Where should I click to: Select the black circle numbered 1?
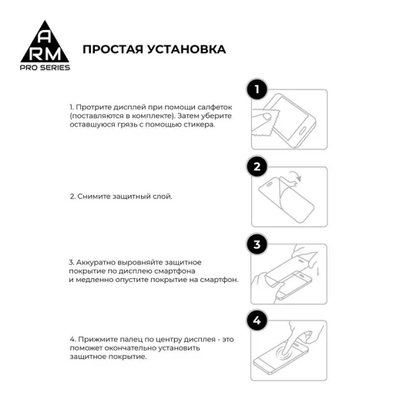[x=257, y=90]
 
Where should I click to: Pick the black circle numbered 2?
[x=257, y=167]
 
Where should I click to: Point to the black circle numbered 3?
[x=257, y=245]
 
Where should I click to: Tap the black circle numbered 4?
[x=257, y=321]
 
